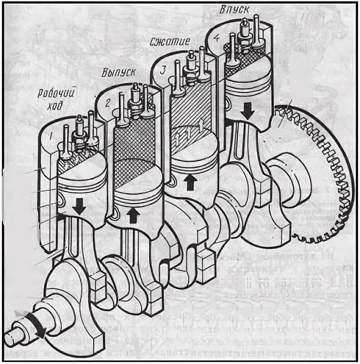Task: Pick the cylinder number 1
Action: point(53,135)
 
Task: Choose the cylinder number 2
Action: point(107,102)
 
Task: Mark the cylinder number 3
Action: point(162,70)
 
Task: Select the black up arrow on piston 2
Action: point(133,214)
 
